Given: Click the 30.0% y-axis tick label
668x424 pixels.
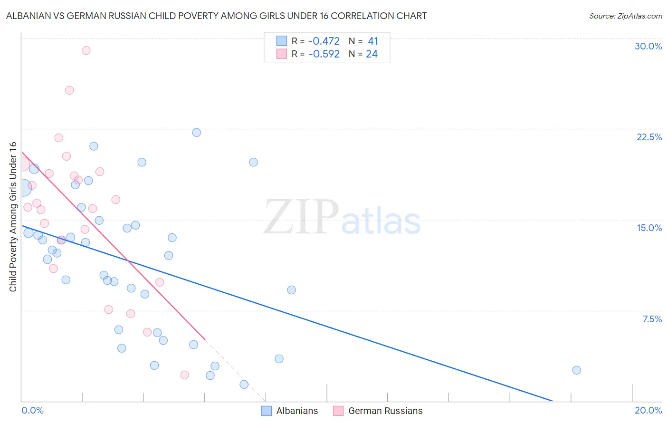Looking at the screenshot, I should coord(648,46).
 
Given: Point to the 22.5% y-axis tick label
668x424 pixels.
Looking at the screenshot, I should coord(649,137).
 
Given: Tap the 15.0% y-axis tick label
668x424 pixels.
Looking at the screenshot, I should coord(649,228).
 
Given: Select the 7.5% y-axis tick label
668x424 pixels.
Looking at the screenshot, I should coord(652,319).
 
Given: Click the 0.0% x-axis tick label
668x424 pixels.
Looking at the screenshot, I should coord(32,410).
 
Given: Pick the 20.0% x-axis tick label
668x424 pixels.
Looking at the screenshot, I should coord(648,410).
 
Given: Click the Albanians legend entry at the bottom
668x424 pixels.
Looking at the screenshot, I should coord(290,411).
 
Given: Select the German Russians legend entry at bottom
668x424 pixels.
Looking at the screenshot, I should coord(378,411).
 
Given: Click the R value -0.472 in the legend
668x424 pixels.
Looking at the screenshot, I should coord(324,41).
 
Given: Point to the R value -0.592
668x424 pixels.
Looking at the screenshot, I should coord(324,54).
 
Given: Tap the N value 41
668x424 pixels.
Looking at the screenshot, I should coord(372,41).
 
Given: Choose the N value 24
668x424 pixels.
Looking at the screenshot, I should coord(372,54).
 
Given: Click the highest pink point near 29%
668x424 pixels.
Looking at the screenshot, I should coord(86,50).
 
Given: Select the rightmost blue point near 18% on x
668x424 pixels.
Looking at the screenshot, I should coord(576,370).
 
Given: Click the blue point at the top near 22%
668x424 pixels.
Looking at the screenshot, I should coord(196,133).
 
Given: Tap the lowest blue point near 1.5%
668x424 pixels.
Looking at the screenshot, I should coord(244,385).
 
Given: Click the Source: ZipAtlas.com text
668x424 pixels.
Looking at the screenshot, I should coord(625,16).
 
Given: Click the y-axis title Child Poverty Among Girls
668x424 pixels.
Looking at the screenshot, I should coord(13,217).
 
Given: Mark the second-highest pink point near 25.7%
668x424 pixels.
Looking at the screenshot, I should coord(69,90).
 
